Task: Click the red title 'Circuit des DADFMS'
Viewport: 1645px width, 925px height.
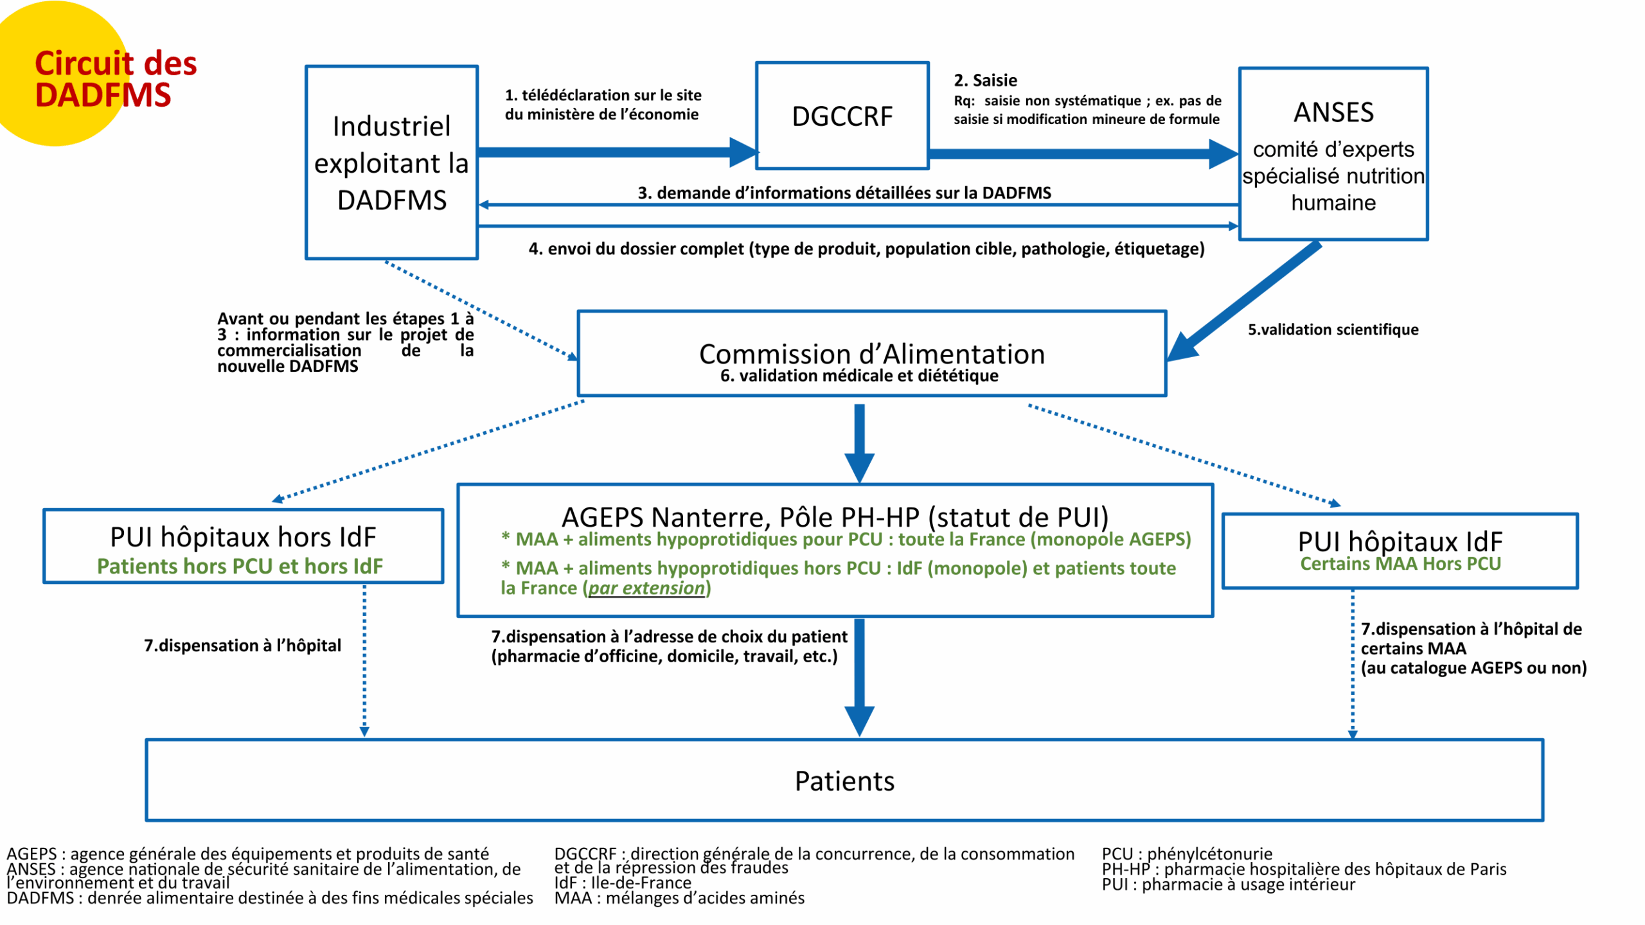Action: click(116, 79)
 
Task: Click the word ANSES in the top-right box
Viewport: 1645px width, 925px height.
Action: click(1333, 112)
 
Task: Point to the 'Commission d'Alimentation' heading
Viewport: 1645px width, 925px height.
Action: click(872, 354)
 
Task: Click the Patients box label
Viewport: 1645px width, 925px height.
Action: click(844, 781)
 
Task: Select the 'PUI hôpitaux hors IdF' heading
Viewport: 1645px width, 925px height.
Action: click(243, 537)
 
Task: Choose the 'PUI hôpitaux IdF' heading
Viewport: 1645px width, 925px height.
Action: click(1400, 542)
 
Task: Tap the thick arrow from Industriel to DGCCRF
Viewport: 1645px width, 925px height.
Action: click(618, 152)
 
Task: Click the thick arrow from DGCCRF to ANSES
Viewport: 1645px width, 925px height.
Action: click(1083, 154)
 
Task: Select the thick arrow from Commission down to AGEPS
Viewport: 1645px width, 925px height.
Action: click(859, 443)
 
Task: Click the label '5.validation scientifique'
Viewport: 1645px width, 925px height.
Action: click(1333, 330)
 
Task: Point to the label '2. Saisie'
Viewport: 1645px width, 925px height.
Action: click(985, 80)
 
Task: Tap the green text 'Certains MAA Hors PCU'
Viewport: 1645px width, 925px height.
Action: click(1400, 564)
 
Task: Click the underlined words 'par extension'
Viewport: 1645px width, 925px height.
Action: click(646, 588)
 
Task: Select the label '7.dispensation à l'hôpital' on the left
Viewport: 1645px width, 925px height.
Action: click(242, 645)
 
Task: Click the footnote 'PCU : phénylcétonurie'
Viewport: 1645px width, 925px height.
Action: click(1187, 854)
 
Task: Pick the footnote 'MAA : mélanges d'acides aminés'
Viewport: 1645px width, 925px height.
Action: click(679, 897)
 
